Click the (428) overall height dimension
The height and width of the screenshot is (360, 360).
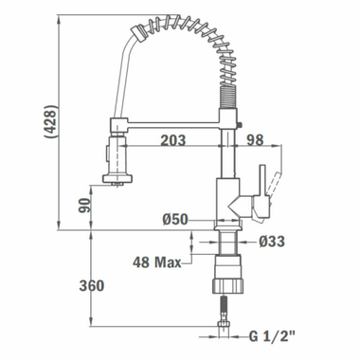tap(49, 121)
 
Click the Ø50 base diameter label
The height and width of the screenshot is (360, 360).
tap(176, 220)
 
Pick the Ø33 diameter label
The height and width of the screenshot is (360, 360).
tap(271, 242)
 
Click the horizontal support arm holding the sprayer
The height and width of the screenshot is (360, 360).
tap(171, 121)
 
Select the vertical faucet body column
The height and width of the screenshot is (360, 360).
tap(226, 175)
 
